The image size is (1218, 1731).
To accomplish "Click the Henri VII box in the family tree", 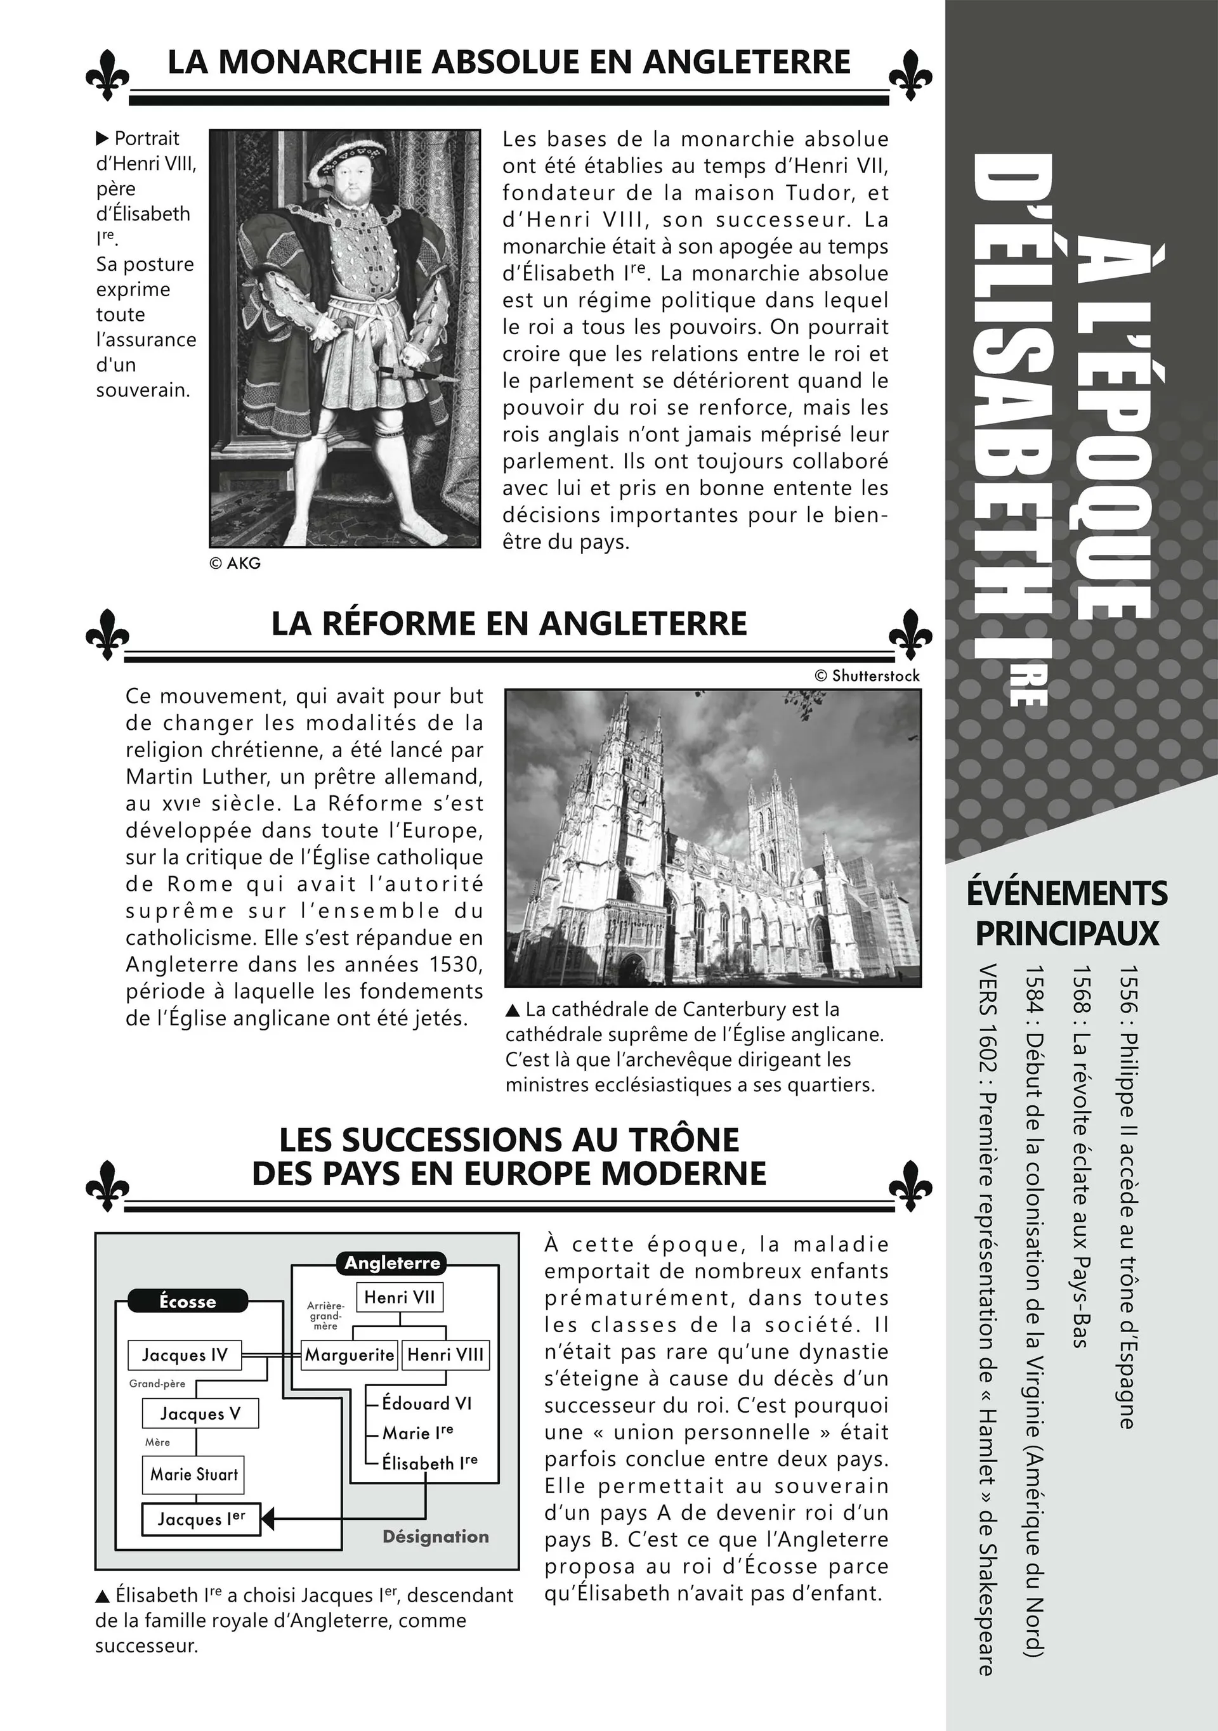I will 399,1297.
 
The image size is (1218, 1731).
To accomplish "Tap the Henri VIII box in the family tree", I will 445,1355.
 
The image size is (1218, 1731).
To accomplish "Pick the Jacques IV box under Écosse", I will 185,1356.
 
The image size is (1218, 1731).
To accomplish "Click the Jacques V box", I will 200,1413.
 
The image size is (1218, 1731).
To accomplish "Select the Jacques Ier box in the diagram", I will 200,1519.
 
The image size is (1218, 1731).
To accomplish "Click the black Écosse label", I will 187,1301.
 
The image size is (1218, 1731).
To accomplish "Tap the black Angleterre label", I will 391,1263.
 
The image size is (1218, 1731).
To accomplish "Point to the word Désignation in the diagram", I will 435,1536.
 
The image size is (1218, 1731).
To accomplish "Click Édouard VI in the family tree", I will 426,1403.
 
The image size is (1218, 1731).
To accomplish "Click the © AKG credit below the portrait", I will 235,563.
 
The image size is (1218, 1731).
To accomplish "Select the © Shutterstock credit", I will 867,675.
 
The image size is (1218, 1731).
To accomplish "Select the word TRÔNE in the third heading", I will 684,1139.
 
